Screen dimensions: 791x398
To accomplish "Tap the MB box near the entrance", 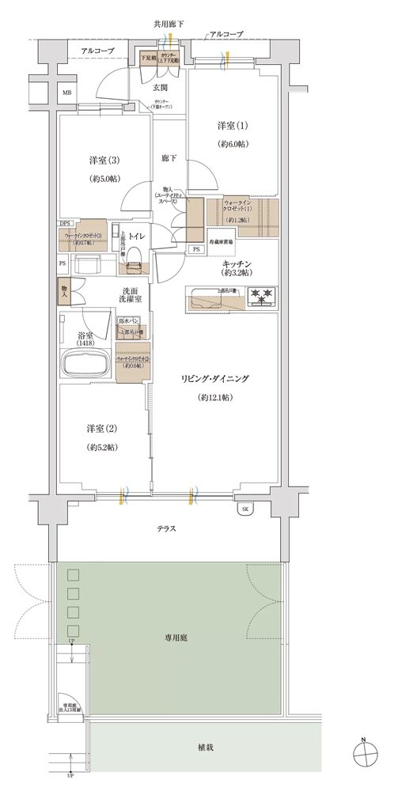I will point(66,93).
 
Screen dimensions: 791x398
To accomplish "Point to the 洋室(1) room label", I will point(233,127).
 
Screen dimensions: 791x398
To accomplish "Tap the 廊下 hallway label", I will point(169,157).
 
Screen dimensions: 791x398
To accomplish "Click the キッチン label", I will point(237,264).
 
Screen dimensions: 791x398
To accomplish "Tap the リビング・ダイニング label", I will point(214,380).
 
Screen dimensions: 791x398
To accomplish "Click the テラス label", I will point(165,528).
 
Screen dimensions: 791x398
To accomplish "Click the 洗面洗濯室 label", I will point(131,294).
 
